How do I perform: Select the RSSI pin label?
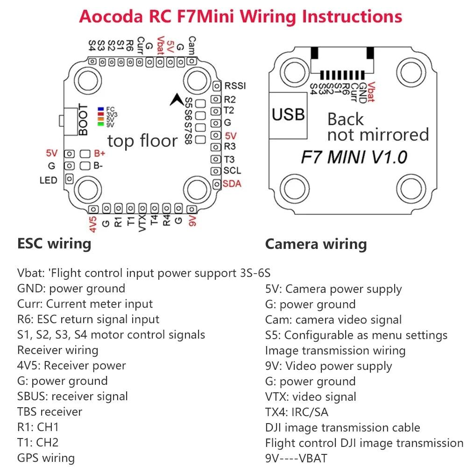pos(235,86)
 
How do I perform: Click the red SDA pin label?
pos(232,184)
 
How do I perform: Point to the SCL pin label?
pos(232,171)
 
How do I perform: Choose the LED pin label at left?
pos(48,180)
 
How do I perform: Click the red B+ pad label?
pos(100,153)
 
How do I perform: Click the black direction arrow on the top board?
pos(177,99)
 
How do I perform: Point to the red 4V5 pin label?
pos(93,223)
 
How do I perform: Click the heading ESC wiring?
pos(54,243)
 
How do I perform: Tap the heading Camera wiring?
pos(316,244)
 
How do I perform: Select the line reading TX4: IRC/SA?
pos(303,412)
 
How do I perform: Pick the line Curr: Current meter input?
pos(85,304)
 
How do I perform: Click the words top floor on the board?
pos(142,141)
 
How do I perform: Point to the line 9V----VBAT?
pos(296,458)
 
